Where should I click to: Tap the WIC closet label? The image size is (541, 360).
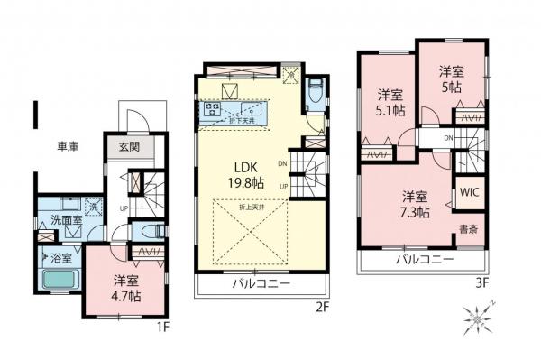[x=469, y=191]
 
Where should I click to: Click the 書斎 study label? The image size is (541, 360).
[x=468, y=228]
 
